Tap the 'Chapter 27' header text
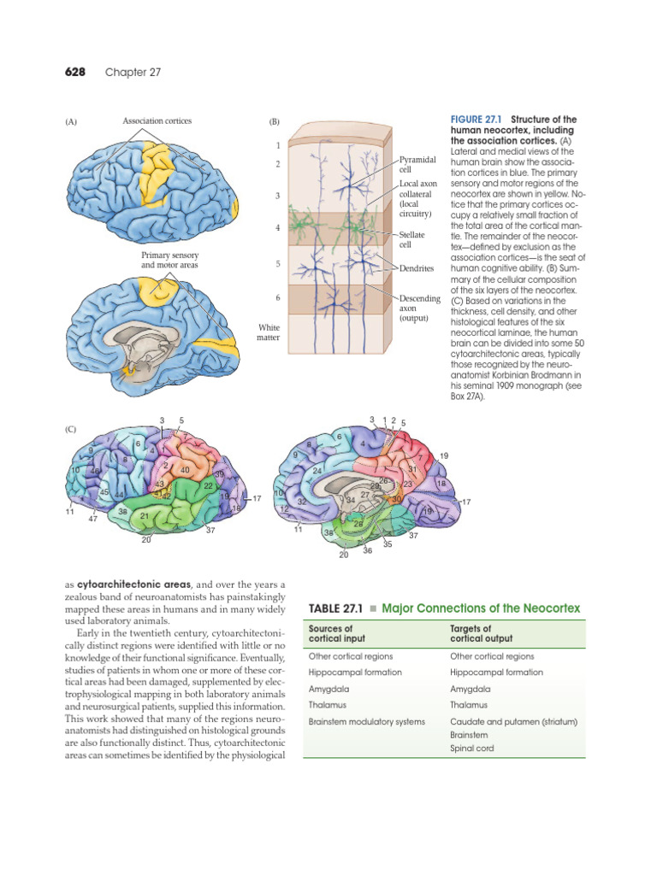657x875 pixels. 133,73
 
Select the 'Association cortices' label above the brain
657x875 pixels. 157,121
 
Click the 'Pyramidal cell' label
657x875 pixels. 418,165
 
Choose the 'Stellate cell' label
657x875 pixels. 413,239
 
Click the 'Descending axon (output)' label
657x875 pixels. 419,308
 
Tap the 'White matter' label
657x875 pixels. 269,332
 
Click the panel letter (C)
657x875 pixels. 72,429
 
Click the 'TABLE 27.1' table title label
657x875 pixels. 335,608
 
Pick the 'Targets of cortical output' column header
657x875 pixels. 481,633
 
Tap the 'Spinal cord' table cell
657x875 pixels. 473,749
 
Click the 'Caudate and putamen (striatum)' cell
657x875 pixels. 513,722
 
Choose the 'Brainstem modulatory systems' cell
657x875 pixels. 366,722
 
